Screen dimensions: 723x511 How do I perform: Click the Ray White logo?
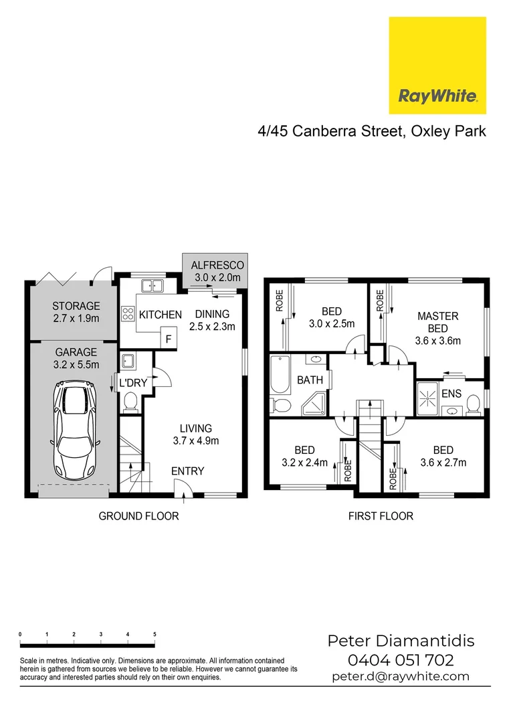tap(437, 66)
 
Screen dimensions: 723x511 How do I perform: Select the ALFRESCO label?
tap(218, 265)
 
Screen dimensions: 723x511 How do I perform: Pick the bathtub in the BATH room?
tap(278, 378)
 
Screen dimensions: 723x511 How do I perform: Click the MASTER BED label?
tap(437, 322)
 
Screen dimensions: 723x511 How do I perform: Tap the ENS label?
tap(451, 393)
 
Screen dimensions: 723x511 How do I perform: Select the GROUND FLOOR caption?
tap(138, 516)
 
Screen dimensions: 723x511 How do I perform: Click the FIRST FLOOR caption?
tap(381, 516)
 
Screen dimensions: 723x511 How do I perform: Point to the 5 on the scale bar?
tap(155, 633)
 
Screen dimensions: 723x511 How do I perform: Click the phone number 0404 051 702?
tap(401, 660)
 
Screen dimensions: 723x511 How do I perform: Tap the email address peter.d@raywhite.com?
tap(401, 676)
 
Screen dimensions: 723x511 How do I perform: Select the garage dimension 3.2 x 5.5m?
tap(76, 364)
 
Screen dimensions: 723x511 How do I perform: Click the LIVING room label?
tap(195, 428)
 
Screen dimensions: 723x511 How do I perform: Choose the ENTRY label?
tap(187, 471)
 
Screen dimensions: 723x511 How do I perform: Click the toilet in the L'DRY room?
tap(130, 402)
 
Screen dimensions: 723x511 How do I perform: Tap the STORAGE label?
tap(76, 307)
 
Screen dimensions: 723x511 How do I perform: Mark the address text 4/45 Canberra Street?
tap(328, 131)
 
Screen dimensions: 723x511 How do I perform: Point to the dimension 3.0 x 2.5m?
tap(332, 323)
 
